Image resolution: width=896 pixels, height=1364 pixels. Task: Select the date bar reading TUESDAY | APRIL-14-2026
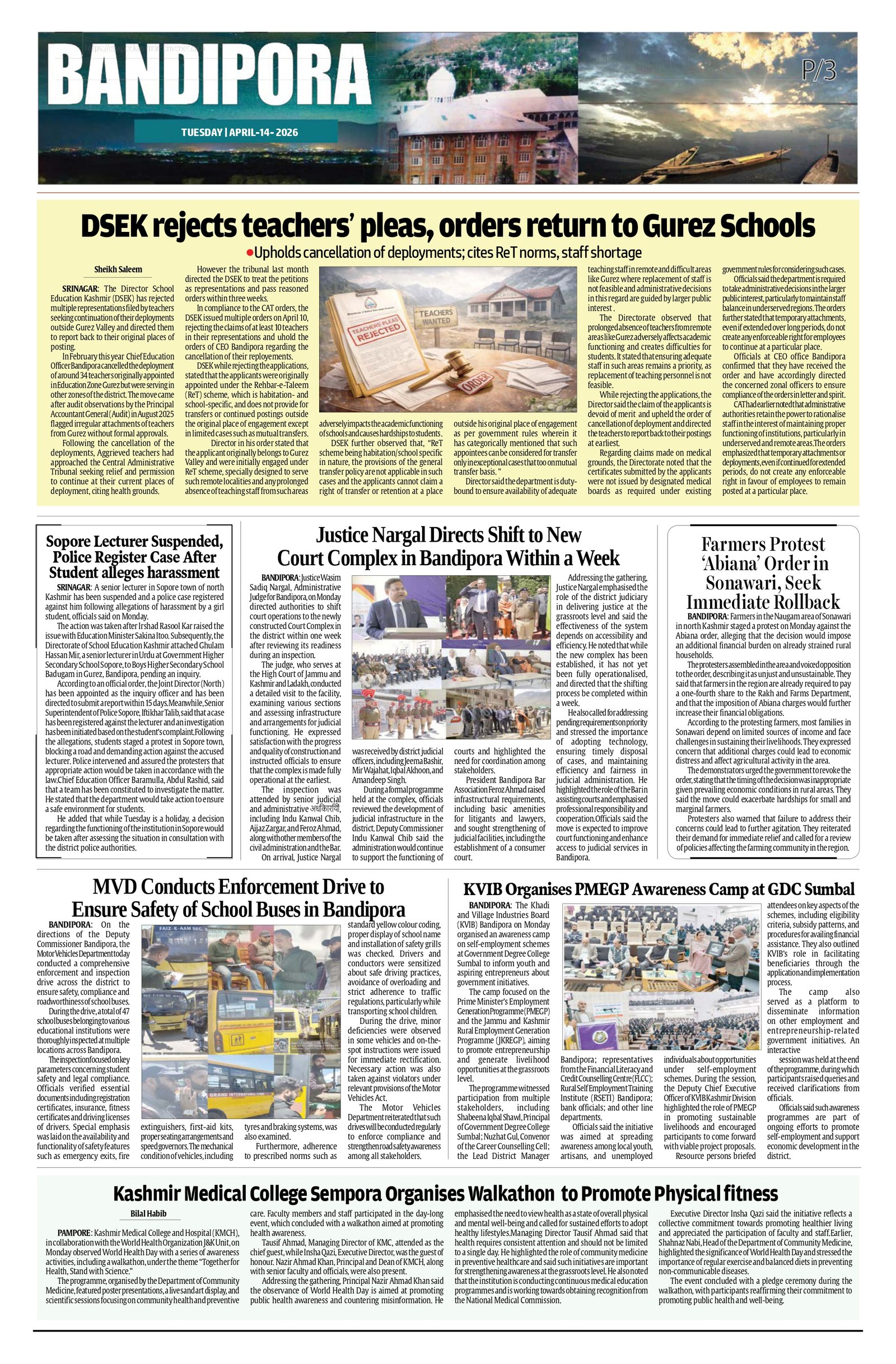tap(240, 132)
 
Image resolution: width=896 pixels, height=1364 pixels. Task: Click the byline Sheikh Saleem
tap(118, 270)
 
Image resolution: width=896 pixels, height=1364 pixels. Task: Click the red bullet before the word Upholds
tap(249, 253)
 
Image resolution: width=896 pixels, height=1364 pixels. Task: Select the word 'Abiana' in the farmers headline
tap(735, 564)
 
